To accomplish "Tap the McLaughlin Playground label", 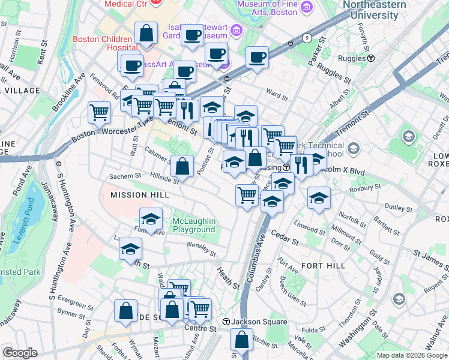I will pos(193,226).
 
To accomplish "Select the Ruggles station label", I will pos(354,59).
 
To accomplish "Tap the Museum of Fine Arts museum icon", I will pos(307,7).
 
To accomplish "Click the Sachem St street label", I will pos(124,176).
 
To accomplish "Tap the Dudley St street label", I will pos(396,208).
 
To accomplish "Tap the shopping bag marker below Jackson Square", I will pos(241,340).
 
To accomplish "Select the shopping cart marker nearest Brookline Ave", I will pos(99,111).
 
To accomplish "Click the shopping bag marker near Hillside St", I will pos(182,164).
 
